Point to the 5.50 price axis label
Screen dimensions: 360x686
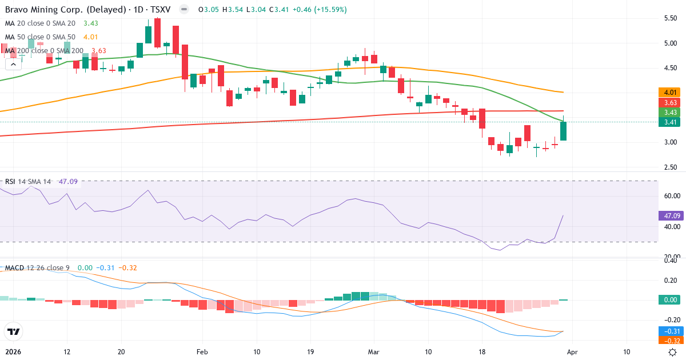(671, 18)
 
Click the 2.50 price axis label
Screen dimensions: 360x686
(671, 167)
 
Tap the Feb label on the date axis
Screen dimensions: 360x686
(203, 352)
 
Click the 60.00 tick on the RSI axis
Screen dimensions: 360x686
(671, 195)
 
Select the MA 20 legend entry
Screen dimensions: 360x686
(40, 23)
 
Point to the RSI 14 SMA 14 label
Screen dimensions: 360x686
(28, 182)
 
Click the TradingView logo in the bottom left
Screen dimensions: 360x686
(13, 331)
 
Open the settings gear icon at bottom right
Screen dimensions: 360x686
(673, 352)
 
